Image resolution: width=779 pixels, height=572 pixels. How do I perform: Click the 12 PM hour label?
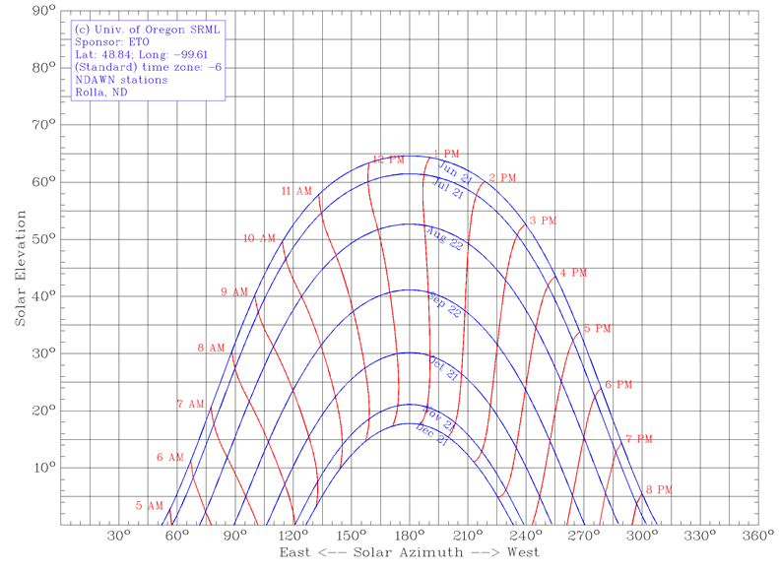[389, 159]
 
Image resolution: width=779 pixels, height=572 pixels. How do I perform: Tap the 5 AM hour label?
[150, 506]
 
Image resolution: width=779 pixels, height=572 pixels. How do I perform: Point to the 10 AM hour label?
[261, 238]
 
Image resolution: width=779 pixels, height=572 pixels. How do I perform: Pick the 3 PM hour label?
[543, 221]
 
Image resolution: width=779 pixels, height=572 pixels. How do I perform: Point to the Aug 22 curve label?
[443, 237]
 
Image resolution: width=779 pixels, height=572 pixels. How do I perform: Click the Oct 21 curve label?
[443, 369]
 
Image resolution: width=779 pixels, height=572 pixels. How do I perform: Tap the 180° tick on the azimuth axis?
[410, 537]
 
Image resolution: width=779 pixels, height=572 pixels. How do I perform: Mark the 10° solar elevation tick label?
[43, 468]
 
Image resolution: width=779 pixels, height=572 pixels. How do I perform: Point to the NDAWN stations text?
[121, 81]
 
